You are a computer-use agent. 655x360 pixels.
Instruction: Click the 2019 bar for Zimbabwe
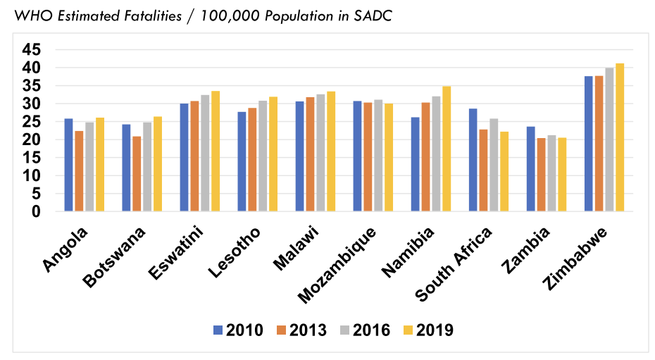[x=620, y=137]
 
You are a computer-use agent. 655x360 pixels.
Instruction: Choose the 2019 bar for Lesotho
[x=273, y=154]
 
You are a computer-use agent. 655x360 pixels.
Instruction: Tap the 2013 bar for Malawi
[x=310, y=154]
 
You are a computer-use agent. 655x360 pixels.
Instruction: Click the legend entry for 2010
[x=238, y=330]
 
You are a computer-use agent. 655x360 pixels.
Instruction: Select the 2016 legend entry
[x=365, y=330]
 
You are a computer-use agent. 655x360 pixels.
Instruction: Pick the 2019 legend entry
[x=428, y=330]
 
